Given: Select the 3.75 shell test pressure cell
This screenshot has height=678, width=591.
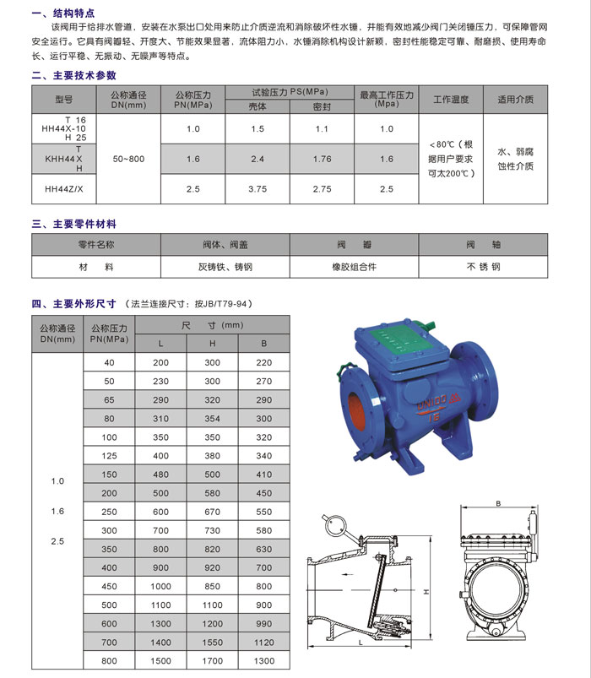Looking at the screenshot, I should [258, 189].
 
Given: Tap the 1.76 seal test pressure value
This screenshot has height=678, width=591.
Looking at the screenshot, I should [322, 159].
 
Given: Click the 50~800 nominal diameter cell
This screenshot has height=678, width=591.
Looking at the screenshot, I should [123, 159].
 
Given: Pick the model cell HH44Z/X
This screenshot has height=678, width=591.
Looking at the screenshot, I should [64, 189].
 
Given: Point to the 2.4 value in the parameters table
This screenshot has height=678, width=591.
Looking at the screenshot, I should [258, 159].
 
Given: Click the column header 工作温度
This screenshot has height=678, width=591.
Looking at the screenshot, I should [451, 100].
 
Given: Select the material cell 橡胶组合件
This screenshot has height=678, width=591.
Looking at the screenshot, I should [354, 266].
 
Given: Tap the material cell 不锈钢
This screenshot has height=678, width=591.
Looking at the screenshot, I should [483, 266].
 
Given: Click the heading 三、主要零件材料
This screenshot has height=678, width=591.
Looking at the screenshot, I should [73, 225].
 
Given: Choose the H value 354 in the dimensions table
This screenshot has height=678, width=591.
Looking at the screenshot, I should [212, 419].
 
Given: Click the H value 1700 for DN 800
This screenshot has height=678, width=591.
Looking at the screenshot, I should [212, 660].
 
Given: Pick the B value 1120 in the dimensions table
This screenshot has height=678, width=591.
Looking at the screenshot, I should [264, 642].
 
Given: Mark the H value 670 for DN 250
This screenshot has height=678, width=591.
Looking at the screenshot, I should [212, 512].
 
